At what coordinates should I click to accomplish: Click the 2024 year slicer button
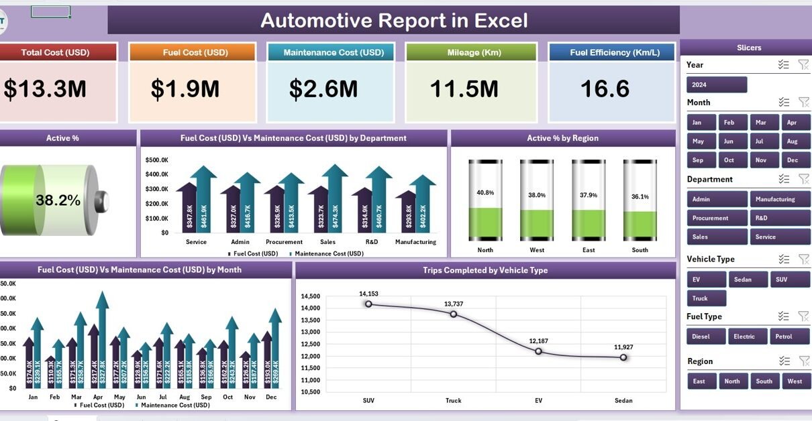[716, 84]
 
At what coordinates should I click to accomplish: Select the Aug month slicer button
[792, 141]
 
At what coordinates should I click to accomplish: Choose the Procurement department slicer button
[717, 218]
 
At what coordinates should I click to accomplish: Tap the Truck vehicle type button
[706, 298]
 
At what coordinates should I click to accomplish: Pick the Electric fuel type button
[744, 337]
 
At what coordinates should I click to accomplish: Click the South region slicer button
[764, 381]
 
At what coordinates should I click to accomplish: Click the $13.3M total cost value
[45, 89]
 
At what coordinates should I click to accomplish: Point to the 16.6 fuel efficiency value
[605, 89]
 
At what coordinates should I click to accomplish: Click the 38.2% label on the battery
[58, 200]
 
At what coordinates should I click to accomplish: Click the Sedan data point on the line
[623, 357]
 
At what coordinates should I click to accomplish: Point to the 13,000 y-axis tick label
[310, 332]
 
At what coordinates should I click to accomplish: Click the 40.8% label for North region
[485, 192]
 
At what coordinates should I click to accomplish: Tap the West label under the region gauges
[537, 250]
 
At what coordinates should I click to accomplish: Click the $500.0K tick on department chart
[156, 160]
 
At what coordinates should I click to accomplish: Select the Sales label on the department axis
[328, 242]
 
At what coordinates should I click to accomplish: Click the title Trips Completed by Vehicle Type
[485, 270]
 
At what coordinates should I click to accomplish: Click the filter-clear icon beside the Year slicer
[803, 64]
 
